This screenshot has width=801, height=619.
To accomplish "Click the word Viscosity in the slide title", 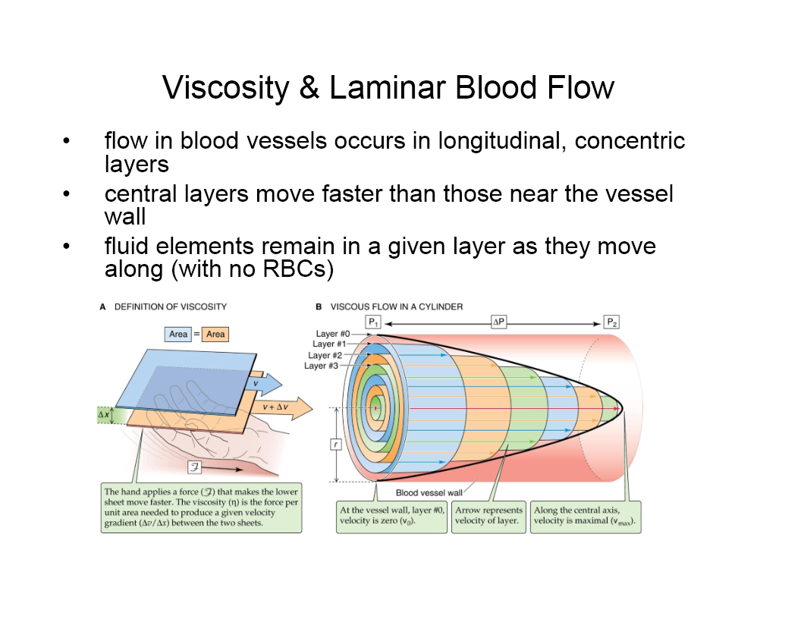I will tap(225, 88).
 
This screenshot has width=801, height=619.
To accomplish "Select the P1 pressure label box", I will tap(373, 322).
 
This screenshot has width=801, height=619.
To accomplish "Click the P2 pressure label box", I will tap(612, 322).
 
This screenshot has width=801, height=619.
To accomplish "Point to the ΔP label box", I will tap(498, 322).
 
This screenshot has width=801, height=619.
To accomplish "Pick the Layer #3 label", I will tap(321, 366).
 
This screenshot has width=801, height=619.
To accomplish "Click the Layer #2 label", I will tap(325, 355).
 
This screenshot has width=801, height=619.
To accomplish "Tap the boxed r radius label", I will tap(335, 445).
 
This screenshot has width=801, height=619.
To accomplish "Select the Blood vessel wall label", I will tap(429, 493).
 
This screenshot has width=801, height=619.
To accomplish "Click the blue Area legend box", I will tap(178, 334).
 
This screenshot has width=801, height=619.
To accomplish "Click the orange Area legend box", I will tap(215, 334).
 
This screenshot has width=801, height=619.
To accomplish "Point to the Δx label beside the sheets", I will tap(104, 416).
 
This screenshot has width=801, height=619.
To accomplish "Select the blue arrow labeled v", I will tap(269, 384).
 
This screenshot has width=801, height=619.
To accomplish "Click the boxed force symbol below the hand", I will tap(194, 464).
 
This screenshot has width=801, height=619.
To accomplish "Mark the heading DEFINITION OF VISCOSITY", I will tap(170, 306).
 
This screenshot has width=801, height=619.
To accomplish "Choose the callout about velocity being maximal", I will tap(585, 517).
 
